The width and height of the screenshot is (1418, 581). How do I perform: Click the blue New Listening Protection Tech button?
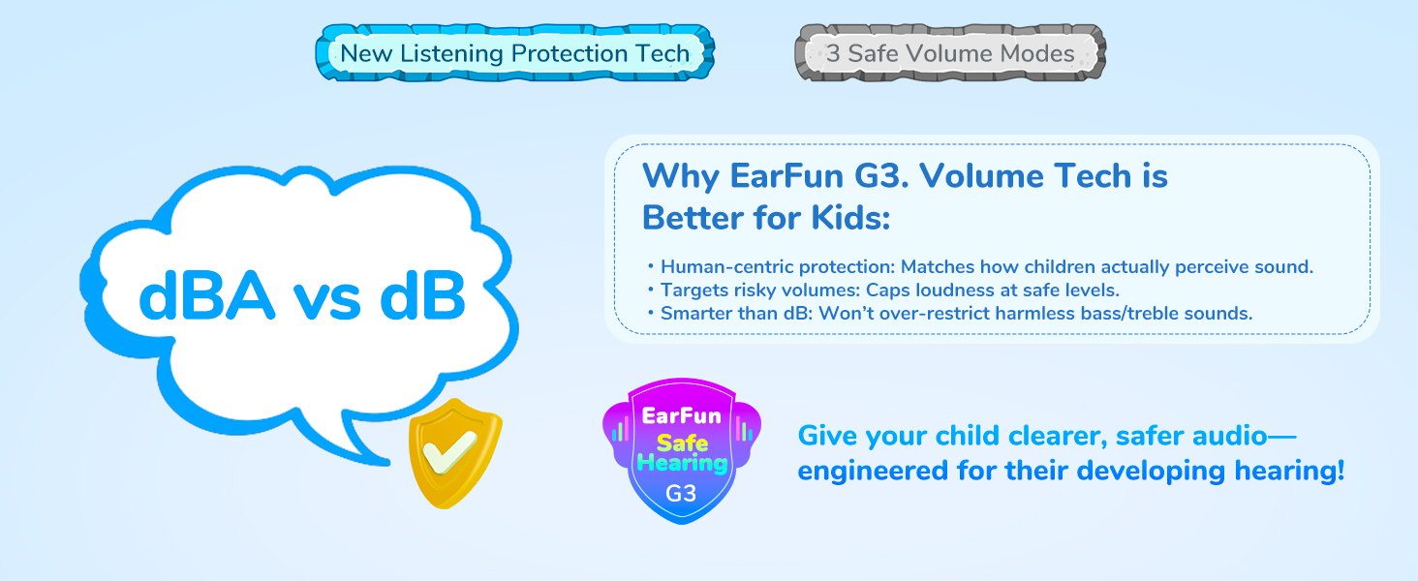click(x=514, y=53)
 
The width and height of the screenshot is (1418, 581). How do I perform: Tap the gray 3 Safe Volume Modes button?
click(x=950, y=53)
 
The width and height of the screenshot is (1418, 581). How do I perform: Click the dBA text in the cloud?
click(x=207, y=296)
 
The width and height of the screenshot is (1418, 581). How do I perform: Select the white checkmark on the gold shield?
click(x=450, y=450)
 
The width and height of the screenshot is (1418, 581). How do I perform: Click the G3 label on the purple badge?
click(x=681, y=493)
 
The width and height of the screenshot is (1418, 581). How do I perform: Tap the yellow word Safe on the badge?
click(x=683, y=442)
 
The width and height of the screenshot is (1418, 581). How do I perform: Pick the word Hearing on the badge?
click(x=683, y=463)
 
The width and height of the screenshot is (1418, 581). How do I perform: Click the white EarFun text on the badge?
click(x=681, y=415)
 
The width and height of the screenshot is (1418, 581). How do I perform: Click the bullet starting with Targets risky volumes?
click(x=890, y=290)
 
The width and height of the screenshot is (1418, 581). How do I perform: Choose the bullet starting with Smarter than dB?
click(x=957, y=314)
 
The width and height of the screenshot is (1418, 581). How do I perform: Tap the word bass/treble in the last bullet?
click(x=1132, y=314)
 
